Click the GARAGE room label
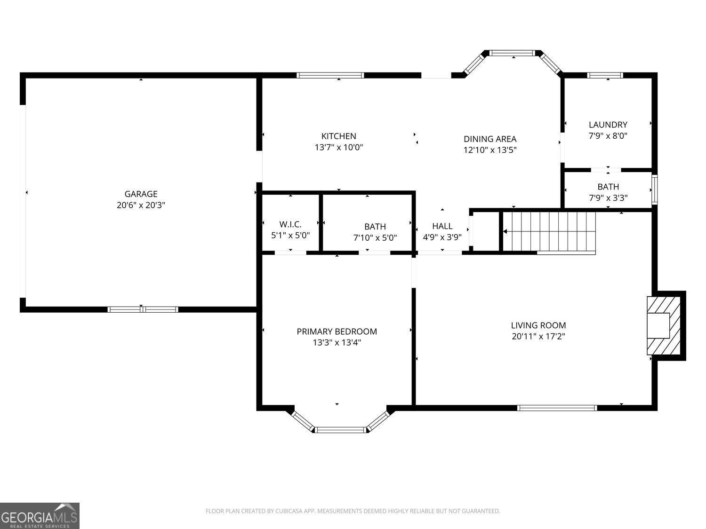tap(141, 194)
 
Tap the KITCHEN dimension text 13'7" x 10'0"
tap(339, 148)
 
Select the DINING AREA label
tap(490, 139)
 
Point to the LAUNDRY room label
tap(608, 125)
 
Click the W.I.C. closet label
tap(290, 224)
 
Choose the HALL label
tap(442, 226)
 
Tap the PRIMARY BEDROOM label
tap(337, 332)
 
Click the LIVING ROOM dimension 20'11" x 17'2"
tap(538, 336)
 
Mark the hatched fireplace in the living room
tap(664, 326)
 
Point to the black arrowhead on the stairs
tap(505, 231)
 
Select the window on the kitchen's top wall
tap(330, 76)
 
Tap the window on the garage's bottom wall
tap(143, 309)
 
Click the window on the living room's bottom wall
tap(557, 408)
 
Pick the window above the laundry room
tap(605, 76)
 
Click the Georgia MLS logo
tap(40, 516)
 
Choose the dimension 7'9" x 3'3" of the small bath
tap(608, 198)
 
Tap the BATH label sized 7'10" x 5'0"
tap(375, 227)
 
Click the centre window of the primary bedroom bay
tap(340, 430)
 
